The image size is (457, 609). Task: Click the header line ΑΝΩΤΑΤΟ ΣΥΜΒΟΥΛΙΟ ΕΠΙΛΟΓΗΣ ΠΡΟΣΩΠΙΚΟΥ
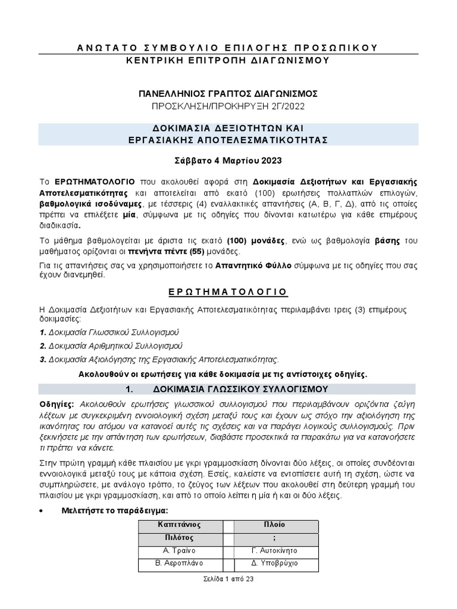coord(228,48)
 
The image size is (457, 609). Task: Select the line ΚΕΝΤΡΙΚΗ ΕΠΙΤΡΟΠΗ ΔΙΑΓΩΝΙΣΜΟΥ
coord(228,60)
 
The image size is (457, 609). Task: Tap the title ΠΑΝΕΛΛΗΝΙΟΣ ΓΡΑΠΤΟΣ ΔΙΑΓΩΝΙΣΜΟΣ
coord(228,93)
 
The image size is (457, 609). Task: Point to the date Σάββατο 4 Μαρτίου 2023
coord(228,161)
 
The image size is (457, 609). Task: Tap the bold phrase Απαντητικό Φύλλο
coord(253,265)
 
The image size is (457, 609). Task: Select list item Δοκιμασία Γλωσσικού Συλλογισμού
coord(114,331)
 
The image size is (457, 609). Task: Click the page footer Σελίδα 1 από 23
coord(228,579)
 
